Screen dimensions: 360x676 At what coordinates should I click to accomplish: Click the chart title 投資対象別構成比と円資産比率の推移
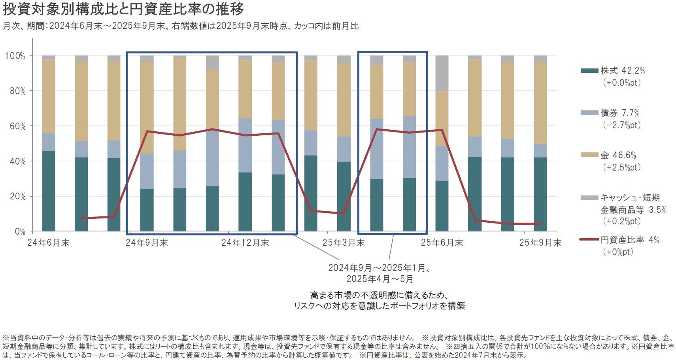coord(123,9)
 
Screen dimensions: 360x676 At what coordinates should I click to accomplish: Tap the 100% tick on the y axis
coord(15,56)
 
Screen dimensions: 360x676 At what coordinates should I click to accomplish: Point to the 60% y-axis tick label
coord(17,126)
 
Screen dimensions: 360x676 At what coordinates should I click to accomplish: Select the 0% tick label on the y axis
coord(20,232)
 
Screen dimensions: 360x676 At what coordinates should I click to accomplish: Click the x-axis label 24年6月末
coord(48,243)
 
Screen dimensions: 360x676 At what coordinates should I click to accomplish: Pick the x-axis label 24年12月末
coord(245,243)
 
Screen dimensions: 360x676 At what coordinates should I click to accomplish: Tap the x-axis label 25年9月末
coord(540,243)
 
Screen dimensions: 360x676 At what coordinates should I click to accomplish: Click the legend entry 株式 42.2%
coord(622,71)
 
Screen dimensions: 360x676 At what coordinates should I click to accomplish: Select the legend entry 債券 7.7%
coord(619,113)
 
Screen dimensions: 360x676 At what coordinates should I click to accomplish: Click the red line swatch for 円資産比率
coord(589,240)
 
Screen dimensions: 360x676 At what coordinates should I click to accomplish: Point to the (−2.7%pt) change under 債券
coord(621,125)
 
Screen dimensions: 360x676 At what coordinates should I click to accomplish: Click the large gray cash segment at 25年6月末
coord(442,74)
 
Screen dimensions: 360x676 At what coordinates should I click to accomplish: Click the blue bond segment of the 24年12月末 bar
coord(245,145)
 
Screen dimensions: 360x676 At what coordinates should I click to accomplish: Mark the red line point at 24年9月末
coord(147,131)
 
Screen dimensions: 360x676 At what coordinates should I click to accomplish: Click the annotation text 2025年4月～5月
coord(380,279)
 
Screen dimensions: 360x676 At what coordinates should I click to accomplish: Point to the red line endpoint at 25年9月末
coord(540,224)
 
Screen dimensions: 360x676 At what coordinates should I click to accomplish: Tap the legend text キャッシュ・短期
coord(630,198)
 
